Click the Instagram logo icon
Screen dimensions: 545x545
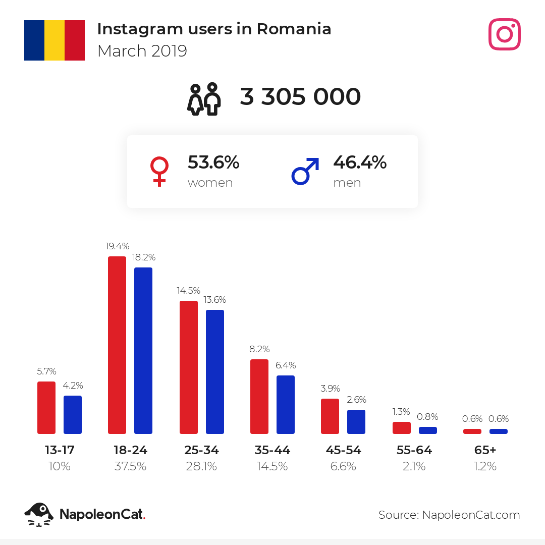point(504,34)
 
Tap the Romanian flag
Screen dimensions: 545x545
point(54,40)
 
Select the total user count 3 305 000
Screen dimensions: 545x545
point(300,97)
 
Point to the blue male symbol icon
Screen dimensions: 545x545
point(305,171)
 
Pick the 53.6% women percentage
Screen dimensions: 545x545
point(213,162)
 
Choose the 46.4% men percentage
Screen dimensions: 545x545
point(360,162)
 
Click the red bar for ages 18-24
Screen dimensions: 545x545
point(117,345)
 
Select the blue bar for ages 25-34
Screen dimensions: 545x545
point(215,372)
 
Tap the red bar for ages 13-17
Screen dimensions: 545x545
point(46,408)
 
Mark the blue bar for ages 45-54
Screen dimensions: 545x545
point(356,422)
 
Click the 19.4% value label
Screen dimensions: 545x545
point(118,246)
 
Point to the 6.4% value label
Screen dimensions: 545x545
point(286,365)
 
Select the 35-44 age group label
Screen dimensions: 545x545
point(272,450)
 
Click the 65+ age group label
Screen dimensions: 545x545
point(485,450)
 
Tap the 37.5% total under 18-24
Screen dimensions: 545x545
point(130,467)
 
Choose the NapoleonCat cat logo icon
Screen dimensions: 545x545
point(39,514)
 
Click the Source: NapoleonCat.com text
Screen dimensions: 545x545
point(449,515)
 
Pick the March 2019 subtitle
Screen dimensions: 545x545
point(142,51)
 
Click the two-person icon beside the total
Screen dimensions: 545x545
point(205,98)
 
